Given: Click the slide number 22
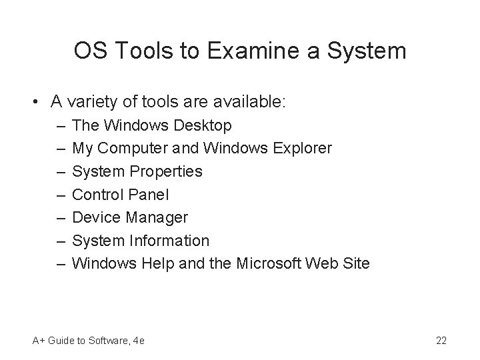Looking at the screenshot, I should (441, 341).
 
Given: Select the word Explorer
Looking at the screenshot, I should (302, 148).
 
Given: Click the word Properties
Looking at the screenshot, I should (167, 171).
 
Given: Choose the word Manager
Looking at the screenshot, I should (155, 217).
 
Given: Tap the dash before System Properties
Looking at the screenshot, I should (61, 171).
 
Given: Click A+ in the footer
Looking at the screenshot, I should (39, 341).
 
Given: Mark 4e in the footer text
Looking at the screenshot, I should (139, 341).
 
